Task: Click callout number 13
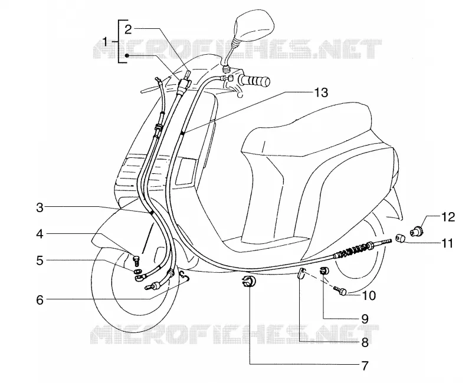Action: tap(321, 93)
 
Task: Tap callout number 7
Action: tap(365, 365)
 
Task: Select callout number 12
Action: tap(448, 217)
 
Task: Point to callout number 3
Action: tap(40, 207)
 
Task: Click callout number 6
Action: tap(40, 300)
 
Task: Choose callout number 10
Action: tap(369, 295)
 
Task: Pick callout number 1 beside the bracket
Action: tap(105, 41)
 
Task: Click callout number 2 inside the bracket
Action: tap(128, 29)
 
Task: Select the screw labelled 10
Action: tap(341, 291)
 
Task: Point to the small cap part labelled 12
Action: tap(417, 232)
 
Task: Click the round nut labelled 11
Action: tap(401, 239)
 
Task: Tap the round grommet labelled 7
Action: tap(248, 282)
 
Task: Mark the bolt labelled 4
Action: tap(137, 259)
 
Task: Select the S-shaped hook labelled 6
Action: tap(184, 276)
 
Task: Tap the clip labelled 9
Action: tap(324, 270)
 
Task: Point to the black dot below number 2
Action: tap(127, 55)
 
